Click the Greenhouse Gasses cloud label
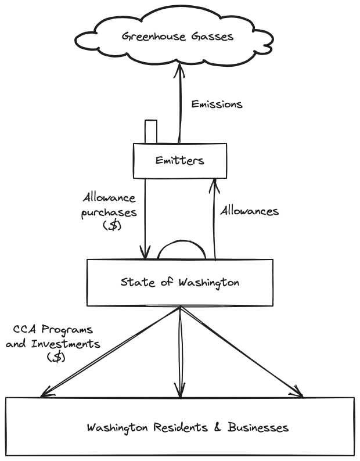(x=178, y=37)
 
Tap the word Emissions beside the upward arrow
(x=217, y=105)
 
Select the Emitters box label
(x=180, y=160)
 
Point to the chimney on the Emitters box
(x=151, y=131)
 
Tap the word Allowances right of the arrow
(x=249, y=211)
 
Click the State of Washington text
(x=180, y=283)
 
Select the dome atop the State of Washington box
(x=181, y=251)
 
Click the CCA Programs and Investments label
(x=53, y=343)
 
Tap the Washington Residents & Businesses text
(x=188, y=428)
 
